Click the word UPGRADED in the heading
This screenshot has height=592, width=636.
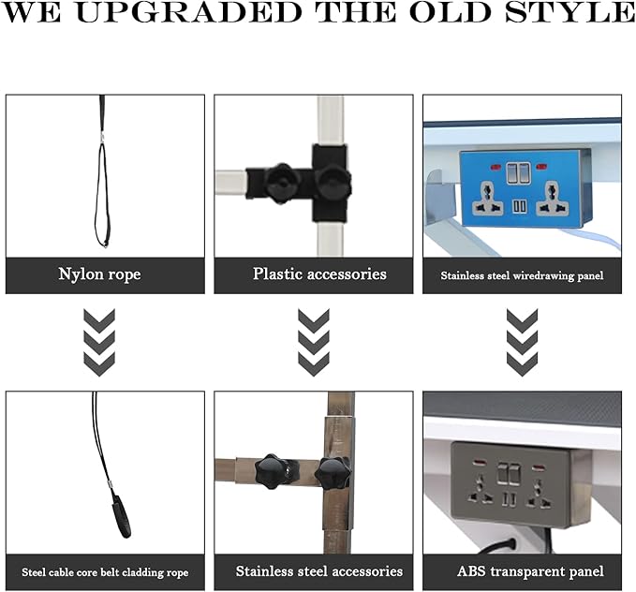coord(189,12)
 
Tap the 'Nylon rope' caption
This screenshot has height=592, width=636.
coord(100,274)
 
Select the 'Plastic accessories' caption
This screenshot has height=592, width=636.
coord(319,274)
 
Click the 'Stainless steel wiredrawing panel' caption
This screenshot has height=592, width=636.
coord(522,276)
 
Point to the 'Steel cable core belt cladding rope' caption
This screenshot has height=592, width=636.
coord(105,572)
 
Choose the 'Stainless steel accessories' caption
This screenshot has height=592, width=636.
coord(319,571)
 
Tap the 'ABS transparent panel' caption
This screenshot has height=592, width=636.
coord(530,571)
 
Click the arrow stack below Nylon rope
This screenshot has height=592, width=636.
coord(99,343)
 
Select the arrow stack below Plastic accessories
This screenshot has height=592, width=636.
coord(314,343)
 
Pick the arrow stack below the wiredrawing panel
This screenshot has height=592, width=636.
coord(523,343)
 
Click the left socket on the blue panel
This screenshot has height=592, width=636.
coord(487,199)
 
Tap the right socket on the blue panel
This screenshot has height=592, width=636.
coord(552,199)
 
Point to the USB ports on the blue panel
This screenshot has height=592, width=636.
coord(520,206)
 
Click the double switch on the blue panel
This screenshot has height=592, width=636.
coord(518,173)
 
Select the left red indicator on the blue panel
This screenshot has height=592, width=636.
coord(496,167)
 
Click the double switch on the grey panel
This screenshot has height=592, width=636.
coord(509,474)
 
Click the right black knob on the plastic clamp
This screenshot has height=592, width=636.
coord(333,182)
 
